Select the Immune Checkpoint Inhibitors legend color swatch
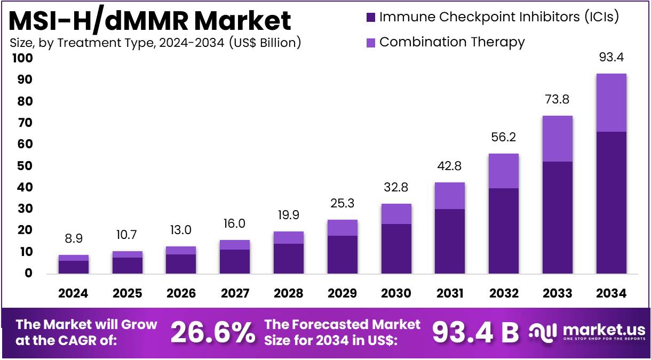pos(371,17)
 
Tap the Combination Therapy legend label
pos(451,42)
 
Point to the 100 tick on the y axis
pos(22,58)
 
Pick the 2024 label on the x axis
pos(73,293)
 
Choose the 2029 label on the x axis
pos(342,293)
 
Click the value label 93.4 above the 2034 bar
pos(611,57)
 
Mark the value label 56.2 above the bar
pos(504,138)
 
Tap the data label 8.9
pos(73,238)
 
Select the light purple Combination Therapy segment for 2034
pos(611,102)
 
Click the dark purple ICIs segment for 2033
pos(557,217)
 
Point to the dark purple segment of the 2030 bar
pos(396,249)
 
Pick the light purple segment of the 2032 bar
pos(504,171)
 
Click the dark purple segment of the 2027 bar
pos(234,261)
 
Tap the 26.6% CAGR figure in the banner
pos(212,332)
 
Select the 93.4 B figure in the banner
pos(475,332)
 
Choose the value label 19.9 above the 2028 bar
pos(288,215)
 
